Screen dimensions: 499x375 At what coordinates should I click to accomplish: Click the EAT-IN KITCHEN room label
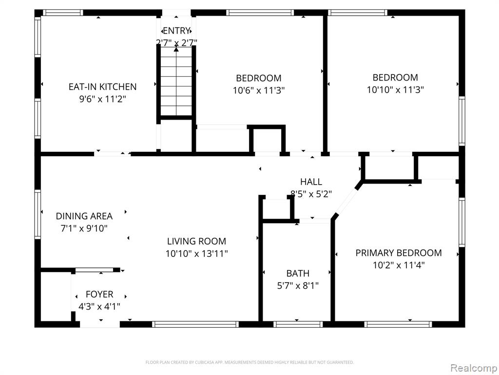[102, 87]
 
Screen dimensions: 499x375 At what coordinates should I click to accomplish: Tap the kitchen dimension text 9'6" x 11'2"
[102, 99]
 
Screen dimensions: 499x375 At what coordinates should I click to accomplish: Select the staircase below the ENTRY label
[176, 82]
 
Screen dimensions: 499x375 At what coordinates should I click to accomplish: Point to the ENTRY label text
[176, 31]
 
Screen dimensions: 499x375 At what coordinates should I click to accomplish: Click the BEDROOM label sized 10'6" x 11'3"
[259, 78]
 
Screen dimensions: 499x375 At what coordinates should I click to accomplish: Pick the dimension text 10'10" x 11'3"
[395, 90]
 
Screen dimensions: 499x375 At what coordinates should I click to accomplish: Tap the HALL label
[311, 182]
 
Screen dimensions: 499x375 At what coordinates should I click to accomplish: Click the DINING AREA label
[84, 216]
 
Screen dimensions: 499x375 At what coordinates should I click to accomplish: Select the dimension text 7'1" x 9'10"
[84, 229]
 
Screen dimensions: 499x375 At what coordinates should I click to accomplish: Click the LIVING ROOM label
[197, 241]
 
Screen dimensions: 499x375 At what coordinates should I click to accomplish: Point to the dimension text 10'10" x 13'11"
[197, 254]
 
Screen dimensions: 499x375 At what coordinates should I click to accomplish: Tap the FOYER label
[99, 294]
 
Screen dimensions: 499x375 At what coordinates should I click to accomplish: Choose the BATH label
[298, 273]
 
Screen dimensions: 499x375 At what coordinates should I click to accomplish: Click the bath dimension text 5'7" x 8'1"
[298, 286]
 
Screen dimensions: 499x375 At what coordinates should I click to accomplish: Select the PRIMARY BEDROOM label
[399, 253]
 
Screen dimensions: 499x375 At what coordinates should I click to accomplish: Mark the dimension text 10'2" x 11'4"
[399, 265]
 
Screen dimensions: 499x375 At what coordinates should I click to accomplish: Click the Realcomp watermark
[474, 368]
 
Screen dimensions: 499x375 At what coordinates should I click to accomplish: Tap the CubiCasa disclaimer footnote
[249, 362]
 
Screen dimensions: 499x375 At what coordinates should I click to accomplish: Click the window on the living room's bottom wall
[195, 324]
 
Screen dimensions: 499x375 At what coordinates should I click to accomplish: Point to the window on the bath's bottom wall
[298, 324]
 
